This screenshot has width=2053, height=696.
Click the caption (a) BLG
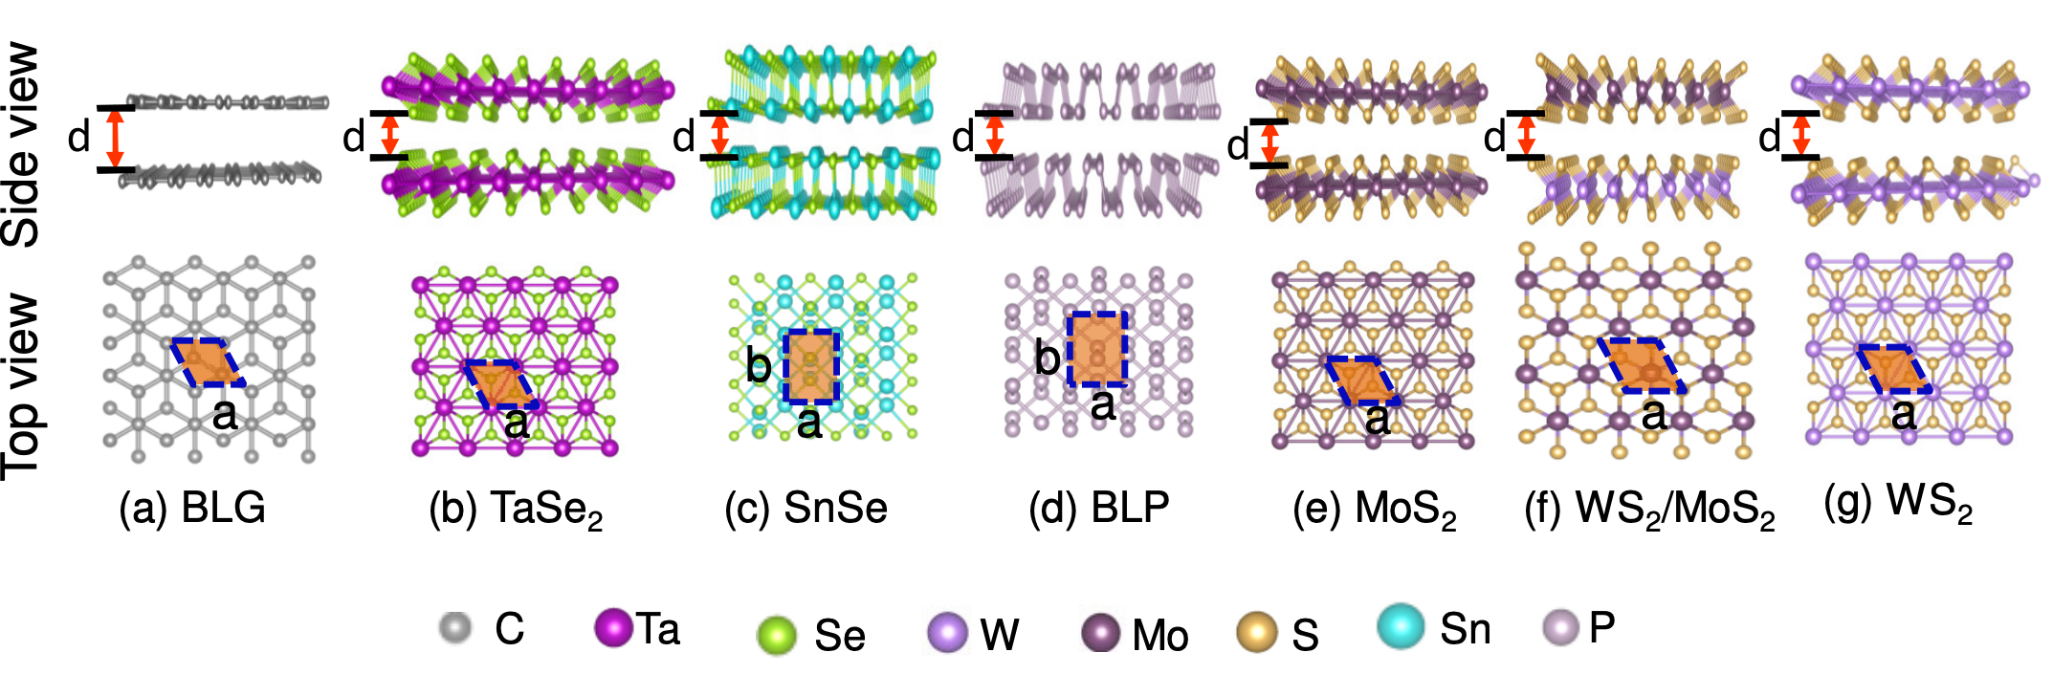coord(192,508)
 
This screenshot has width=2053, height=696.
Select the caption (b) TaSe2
coord(517,510)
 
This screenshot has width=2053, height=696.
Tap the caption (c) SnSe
coord(806,508)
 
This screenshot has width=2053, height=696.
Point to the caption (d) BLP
coord(1099,508)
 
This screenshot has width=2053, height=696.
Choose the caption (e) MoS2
coord(1375,511)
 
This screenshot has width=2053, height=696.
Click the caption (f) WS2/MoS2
coord(1649,511)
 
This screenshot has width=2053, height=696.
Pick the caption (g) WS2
coord(1899,503)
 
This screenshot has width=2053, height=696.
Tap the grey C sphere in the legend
coord(455,628)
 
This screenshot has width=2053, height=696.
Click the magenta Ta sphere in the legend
coord(613,627)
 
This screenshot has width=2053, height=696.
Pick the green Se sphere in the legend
coord(776,635)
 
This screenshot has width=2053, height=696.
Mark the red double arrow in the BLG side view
coord(116,140)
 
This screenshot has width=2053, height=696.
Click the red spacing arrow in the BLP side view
coord(994,135)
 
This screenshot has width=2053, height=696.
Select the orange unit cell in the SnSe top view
coord(811,366)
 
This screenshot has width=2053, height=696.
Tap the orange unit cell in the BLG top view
coord(208,361)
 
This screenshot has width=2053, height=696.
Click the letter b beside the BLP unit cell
coord(1048,358)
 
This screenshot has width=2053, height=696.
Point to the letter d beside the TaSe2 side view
coord(354,138)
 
